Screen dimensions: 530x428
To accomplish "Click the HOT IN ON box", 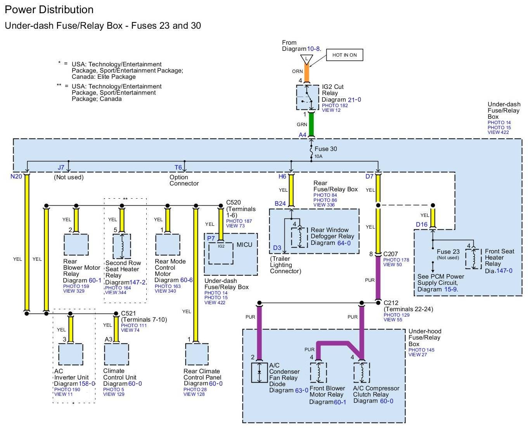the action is coord(344,55).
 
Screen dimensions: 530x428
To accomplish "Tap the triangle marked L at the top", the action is coord(307,60).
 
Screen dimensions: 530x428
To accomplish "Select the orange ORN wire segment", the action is coord(307,73).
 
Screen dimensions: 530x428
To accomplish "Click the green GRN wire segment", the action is coord(311,124).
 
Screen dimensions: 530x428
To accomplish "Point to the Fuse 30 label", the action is coord(326,149).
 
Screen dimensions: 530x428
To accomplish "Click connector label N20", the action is coord(16,177).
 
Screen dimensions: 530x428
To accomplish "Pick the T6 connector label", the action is coord(178,168).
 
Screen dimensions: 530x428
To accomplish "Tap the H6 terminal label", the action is coord(282,177).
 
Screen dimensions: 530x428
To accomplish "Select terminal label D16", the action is coord(421,224).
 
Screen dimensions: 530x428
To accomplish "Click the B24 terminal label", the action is coord(280,204).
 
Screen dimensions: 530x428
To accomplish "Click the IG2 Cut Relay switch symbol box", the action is coord(308,97).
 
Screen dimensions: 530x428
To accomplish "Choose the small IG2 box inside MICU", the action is coord(221,253).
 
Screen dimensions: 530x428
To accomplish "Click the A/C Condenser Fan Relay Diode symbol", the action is coord(259,372).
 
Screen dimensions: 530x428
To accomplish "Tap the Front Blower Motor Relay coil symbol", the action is coord(319,372).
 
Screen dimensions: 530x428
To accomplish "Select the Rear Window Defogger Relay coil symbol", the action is coord(300,237).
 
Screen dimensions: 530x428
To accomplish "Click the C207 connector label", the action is coord(390,254).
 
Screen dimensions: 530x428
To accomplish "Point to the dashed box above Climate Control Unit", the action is coord(116,354).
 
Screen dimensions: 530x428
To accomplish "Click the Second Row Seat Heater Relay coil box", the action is coord(122,246).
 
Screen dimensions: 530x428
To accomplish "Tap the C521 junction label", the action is coord(128,313).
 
